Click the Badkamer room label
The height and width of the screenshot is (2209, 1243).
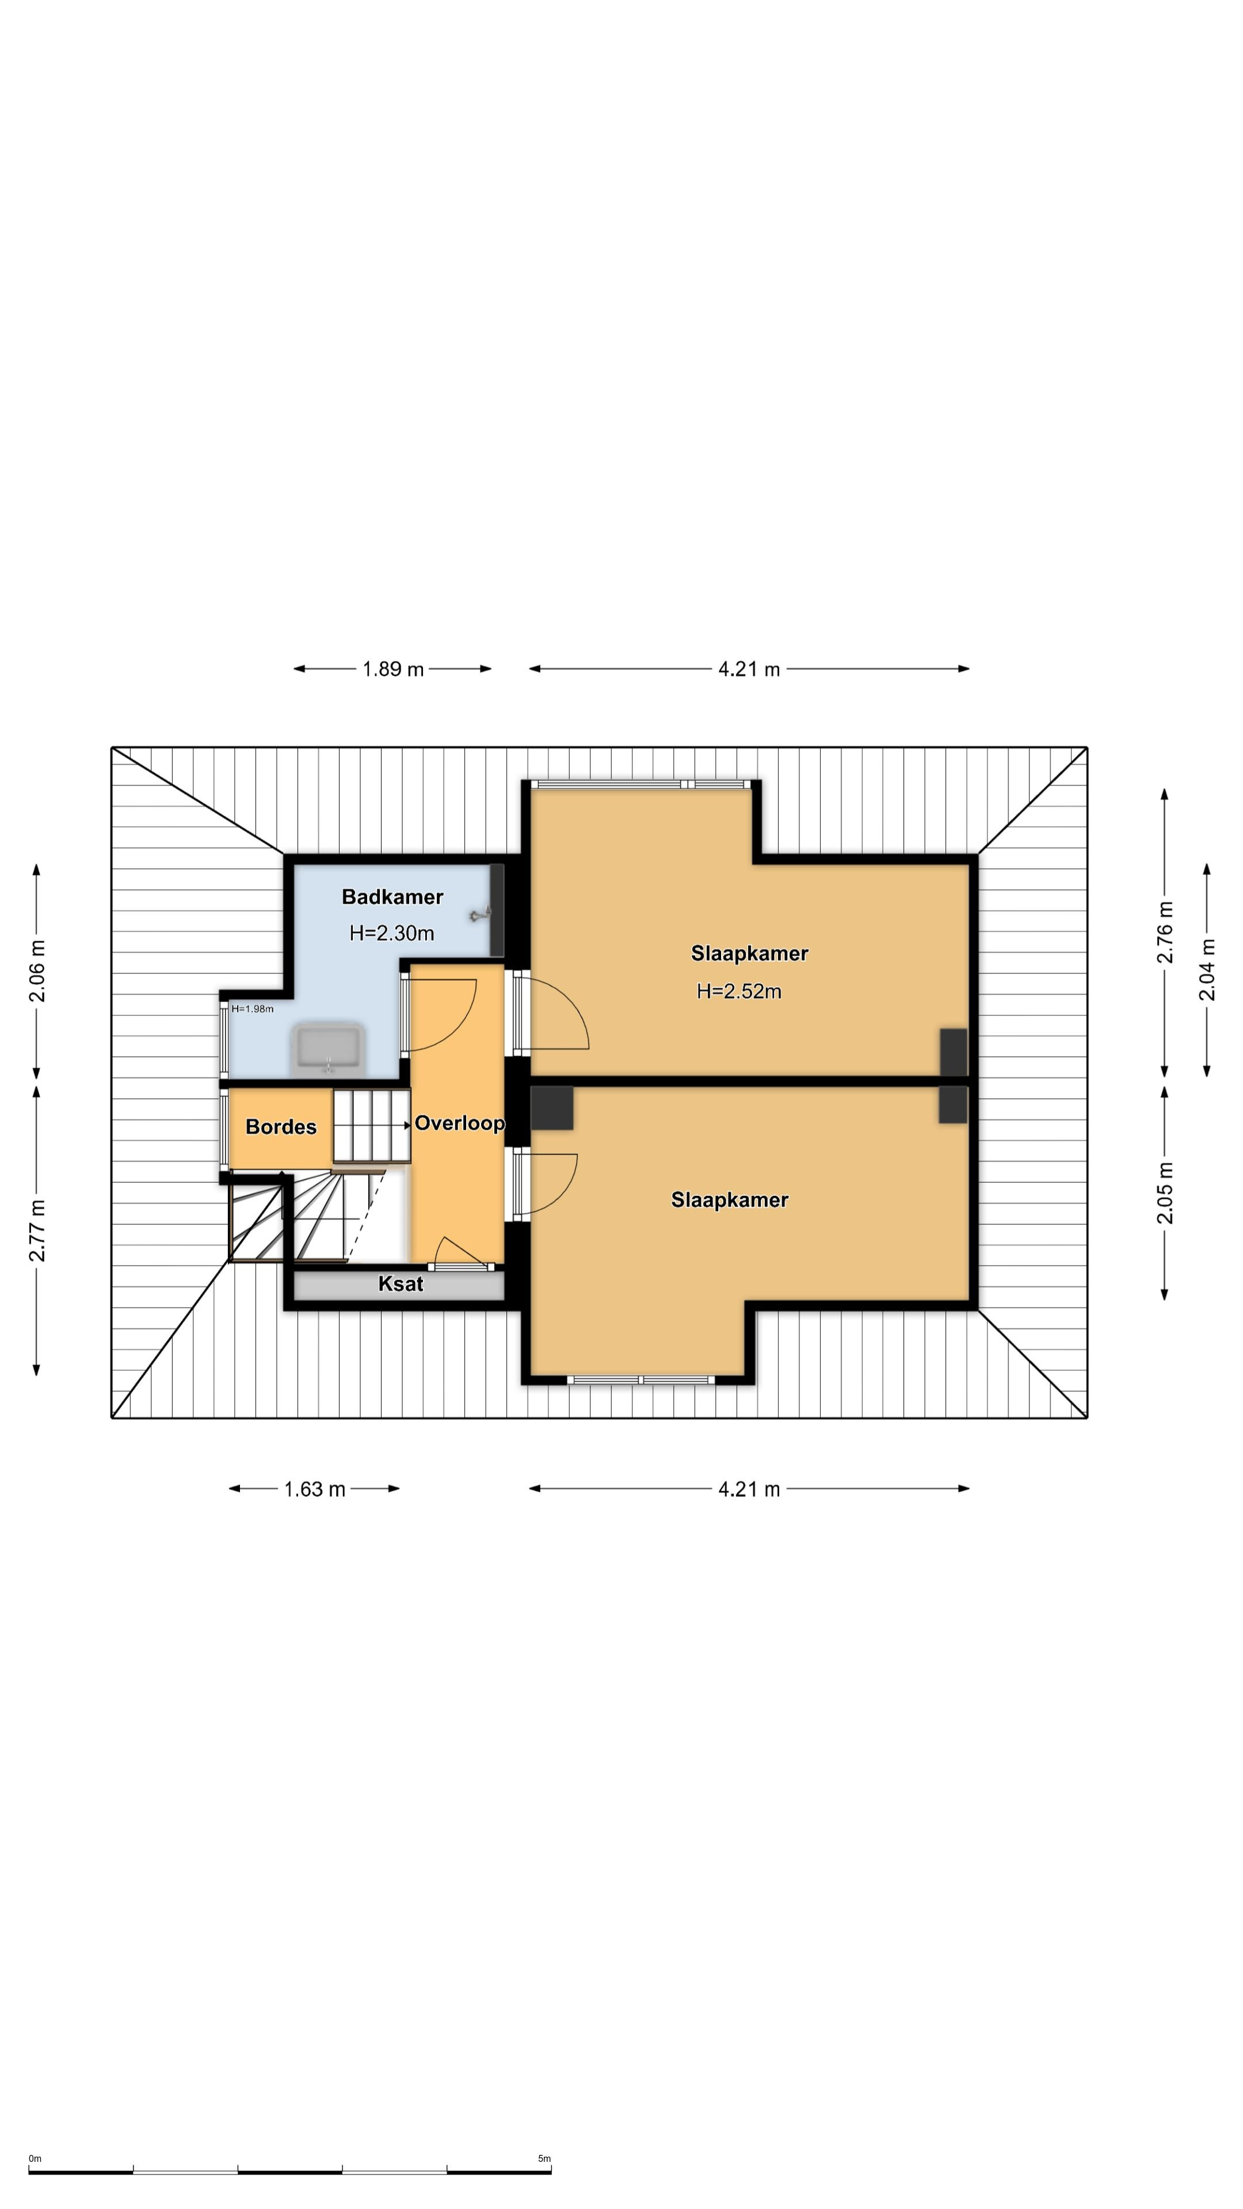click(392, 897)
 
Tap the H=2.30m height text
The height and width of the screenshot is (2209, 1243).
click(391, 933)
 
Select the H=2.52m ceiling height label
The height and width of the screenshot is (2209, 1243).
click(738, 991)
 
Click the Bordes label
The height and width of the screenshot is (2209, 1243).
click(280, 1127)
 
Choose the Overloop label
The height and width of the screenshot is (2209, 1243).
click(460, 1123)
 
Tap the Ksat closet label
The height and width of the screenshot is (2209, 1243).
click(401, 1284)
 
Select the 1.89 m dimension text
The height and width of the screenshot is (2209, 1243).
click(393, 669)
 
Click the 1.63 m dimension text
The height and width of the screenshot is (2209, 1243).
click(314, 1489)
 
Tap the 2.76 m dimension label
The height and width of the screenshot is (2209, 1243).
click(1164, 932)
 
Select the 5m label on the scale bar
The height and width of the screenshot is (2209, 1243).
click(544, 2158)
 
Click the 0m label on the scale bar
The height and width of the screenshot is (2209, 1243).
click(35, 2158)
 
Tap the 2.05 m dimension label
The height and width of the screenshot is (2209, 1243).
click(1164, 1193)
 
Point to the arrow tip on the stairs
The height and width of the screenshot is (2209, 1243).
click(409, 1124)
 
